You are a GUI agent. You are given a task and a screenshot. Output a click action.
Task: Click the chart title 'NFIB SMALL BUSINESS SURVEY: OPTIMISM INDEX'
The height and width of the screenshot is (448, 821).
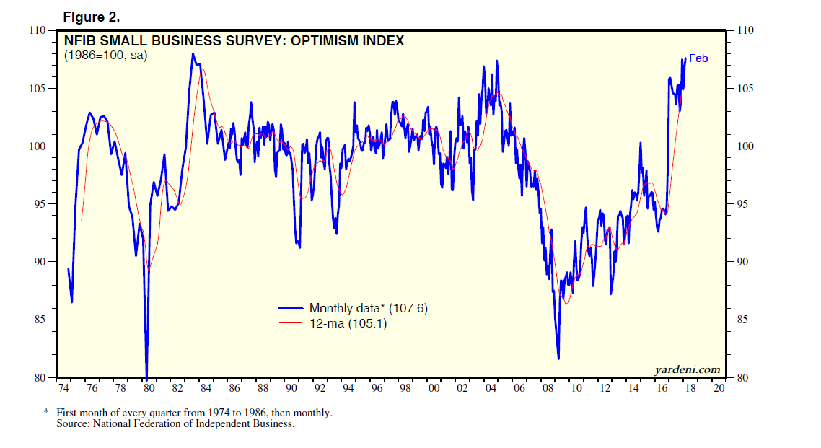coord(234,41)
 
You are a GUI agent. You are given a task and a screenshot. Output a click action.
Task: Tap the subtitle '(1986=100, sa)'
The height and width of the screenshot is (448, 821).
coord(105,55)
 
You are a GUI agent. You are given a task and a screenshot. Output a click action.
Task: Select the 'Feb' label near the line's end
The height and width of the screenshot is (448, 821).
coord(698,58)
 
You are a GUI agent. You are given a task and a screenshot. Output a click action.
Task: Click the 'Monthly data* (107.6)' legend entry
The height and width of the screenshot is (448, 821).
coord(369,308)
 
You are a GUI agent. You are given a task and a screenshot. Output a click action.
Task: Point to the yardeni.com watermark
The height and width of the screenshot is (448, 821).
coord(688,369)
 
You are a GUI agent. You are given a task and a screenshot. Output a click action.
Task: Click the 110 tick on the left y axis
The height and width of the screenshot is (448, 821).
coord(36,30)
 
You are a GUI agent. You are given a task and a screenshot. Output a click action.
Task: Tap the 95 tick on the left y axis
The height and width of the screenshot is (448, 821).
coord(39,204)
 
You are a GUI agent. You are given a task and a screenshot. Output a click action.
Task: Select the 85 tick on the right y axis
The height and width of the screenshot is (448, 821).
coord(744,320)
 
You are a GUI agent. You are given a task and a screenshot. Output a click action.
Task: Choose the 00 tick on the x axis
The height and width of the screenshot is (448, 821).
coord(434,388)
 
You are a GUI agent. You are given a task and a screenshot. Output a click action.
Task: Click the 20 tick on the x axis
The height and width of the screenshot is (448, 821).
coord(718,388)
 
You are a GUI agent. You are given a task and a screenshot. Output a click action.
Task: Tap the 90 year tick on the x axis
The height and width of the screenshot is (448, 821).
coord(291,388)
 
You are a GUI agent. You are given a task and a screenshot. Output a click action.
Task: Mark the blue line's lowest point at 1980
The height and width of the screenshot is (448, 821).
coord(147,378)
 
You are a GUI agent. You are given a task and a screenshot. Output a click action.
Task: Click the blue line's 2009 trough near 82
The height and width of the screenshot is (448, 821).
coord(558,358)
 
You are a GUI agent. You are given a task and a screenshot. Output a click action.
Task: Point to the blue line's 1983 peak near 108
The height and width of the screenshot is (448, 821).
coord(193,54)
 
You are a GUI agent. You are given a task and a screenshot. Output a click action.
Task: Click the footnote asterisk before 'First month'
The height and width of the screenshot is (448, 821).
coord(46,412)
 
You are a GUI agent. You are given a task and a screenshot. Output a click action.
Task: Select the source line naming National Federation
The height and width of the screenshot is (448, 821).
coord(175,423)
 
